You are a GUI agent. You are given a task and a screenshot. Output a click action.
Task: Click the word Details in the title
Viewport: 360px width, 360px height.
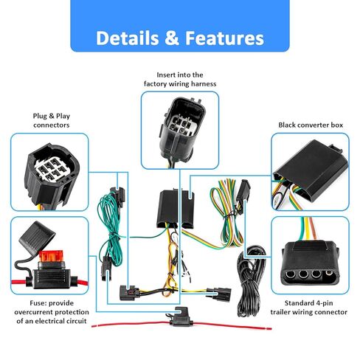click(128, 38)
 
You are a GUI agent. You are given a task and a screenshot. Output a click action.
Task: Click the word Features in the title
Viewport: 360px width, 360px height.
click(224, 38)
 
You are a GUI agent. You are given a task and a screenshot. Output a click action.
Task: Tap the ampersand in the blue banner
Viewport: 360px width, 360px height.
click(172, 38)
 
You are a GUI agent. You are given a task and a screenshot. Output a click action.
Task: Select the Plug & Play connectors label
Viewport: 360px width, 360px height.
click(52, 120)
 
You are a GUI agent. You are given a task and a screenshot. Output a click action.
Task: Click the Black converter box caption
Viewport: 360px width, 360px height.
click(311, 125)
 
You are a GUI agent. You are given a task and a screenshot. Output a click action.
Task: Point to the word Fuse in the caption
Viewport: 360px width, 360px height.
click(38, 303)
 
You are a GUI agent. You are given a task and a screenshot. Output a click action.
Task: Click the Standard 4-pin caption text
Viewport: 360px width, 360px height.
click(308, 303)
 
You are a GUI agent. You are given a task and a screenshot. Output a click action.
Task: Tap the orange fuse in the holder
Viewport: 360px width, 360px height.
click(51, 256)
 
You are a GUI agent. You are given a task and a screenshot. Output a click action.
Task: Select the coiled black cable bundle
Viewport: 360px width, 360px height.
click(252, 280)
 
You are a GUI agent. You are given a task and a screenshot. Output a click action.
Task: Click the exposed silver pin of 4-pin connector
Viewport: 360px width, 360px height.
click(329, 273)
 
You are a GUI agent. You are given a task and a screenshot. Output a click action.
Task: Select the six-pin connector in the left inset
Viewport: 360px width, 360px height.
click(52, 175)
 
